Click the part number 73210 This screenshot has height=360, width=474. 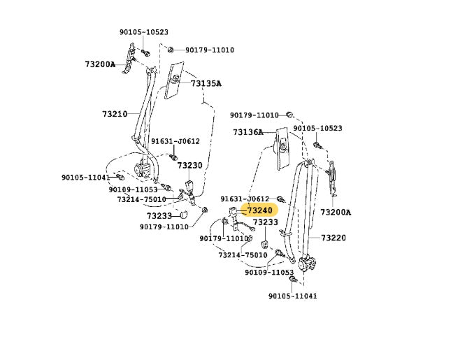pyautogui.click(x=115, y=114)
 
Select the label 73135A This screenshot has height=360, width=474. pyautogui.click(x=206, y=83)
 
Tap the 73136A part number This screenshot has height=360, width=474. pyautogui.click(x=248, y=132)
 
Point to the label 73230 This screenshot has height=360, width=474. pyautogui.click(x=189, y=166)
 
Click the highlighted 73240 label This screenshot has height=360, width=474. pyautogui.click(x=259, y=210)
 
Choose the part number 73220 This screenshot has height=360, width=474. pyautogui.click(x=333, y=238)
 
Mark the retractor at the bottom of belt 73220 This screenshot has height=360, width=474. pyautogui.click(x=306, y=264)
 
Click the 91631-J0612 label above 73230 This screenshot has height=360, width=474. pyautogui.click(x=175, y=141)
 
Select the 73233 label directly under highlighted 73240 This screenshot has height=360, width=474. pyautogui.click(x=266, y=222)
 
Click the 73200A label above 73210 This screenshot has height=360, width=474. pyautogui.click(x=100, y=64)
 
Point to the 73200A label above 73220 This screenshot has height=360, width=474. pyautogui.click(x=336, y=213)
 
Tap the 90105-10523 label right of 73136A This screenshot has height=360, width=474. pyautogui.click(x=317, y=129)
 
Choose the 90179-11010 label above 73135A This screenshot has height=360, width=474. pyautogui.click(x=209, y=50)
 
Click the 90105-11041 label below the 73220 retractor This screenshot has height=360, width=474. pyautogui.click(x=292, y=296)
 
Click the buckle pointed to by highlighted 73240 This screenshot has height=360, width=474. pyautogui.click(x=233, y=219)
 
